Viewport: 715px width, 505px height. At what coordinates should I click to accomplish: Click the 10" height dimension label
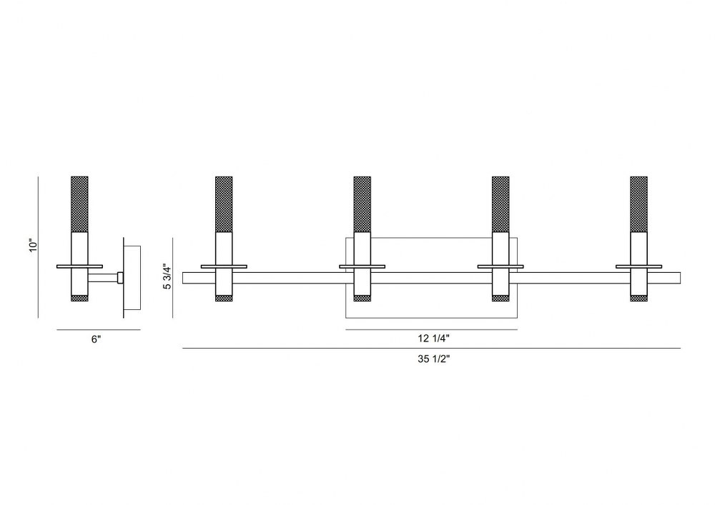pyautogui.click(x=32, y=246)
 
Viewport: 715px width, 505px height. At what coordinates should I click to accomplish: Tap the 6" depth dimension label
pyautogui.click(x=97, y=339)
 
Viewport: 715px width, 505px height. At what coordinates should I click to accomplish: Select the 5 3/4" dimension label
pyautogui.click(x=167, y=277)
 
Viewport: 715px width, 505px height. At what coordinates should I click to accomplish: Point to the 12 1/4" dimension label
pyautogui.click(x=434, y=339)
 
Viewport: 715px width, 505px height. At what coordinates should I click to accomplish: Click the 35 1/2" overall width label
pyautogui.click(x=434, y=359)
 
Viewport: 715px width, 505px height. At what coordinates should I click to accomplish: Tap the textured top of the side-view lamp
pyautogui.click(x=79, y=204)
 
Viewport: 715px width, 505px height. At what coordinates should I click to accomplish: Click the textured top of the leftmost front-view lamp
pyautogui.click(x=224, y=204)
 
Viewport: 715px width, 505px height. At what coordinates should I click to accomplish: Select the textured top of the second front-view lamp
pyautogui.click(x=362, y=204)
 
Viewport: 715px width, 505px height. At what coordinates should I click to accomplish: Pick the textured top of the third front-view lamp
pyautogui.click(x=500, y=204)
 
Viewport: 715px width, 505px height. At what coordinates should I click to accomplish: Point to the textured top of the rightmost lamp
pyautogui.click(x=638, y=204)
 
